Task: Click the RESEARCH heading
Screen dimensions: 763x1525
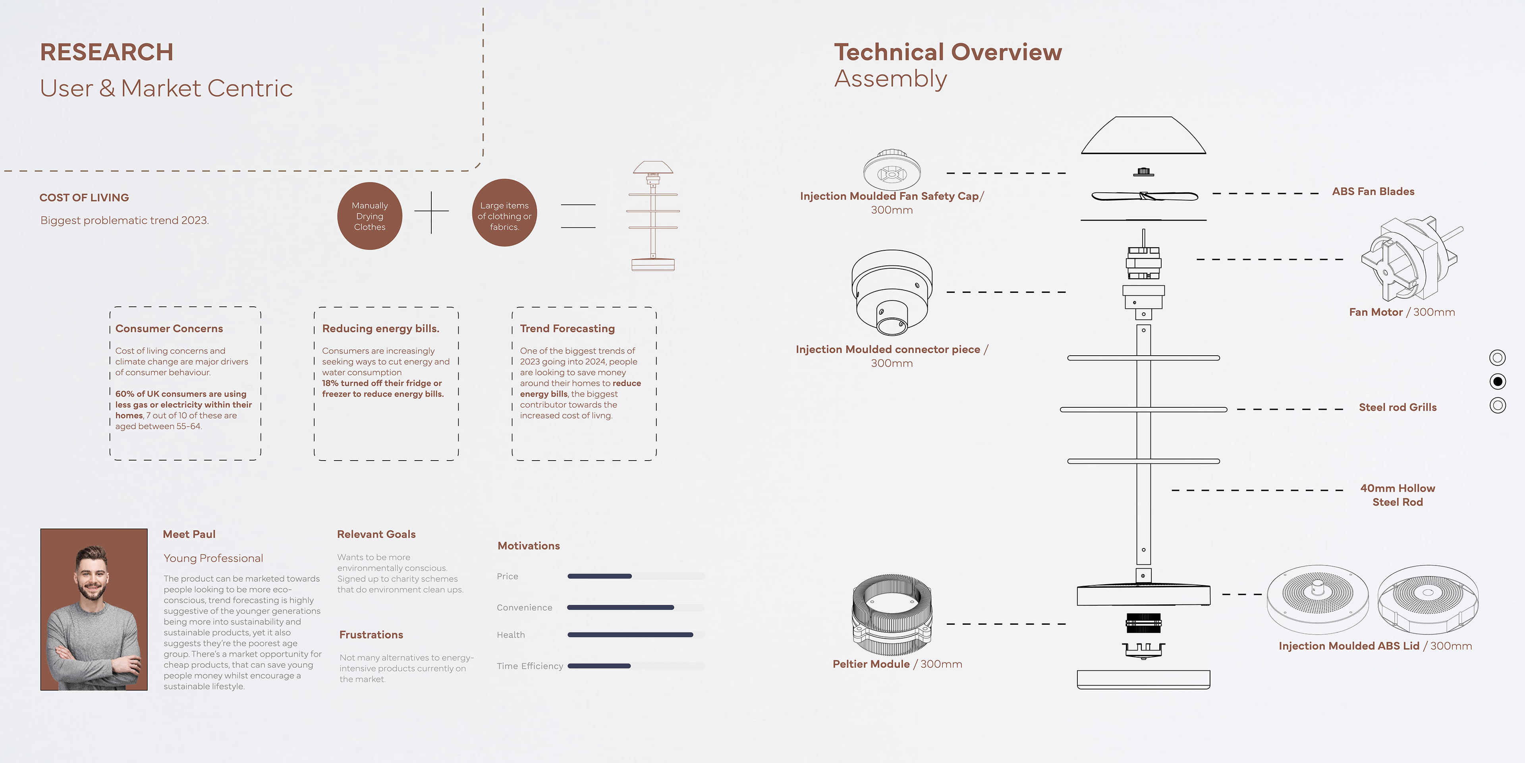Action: pos(106,52)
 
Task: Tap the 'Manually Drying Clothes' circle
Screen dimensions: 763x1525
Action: pos(369,216)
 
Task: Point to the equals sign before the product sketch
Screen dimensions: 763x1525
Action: pos(578,216)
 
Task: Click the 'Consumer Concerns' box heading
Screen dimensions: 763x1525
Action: pos(169,328)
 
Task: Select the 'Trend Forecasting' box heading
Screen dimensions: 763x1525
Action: pos(567,328)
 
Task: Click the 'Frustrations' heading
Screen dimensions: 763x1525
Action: pos(371,635)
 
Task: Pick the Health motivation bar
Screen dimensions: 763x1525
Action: pos(630,635)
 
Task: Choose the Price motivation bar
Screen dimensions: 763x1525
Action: pos(599,576)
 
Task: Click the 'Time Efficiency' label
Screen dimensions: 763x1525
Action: pos(530,666)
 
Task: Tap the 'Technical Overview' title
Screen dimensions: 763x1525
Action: pos(948,52)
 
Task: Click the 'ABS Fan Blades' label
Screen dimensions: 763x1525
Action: pos(1373,191)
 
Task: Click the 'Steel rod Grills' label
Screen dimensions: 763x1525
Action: pos(1397,407)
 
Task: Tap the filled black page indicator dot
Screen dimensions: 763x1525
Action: pos(1497,381)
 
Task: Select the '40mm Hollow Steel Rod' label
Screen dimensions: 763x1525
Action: pos(1397,495)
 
